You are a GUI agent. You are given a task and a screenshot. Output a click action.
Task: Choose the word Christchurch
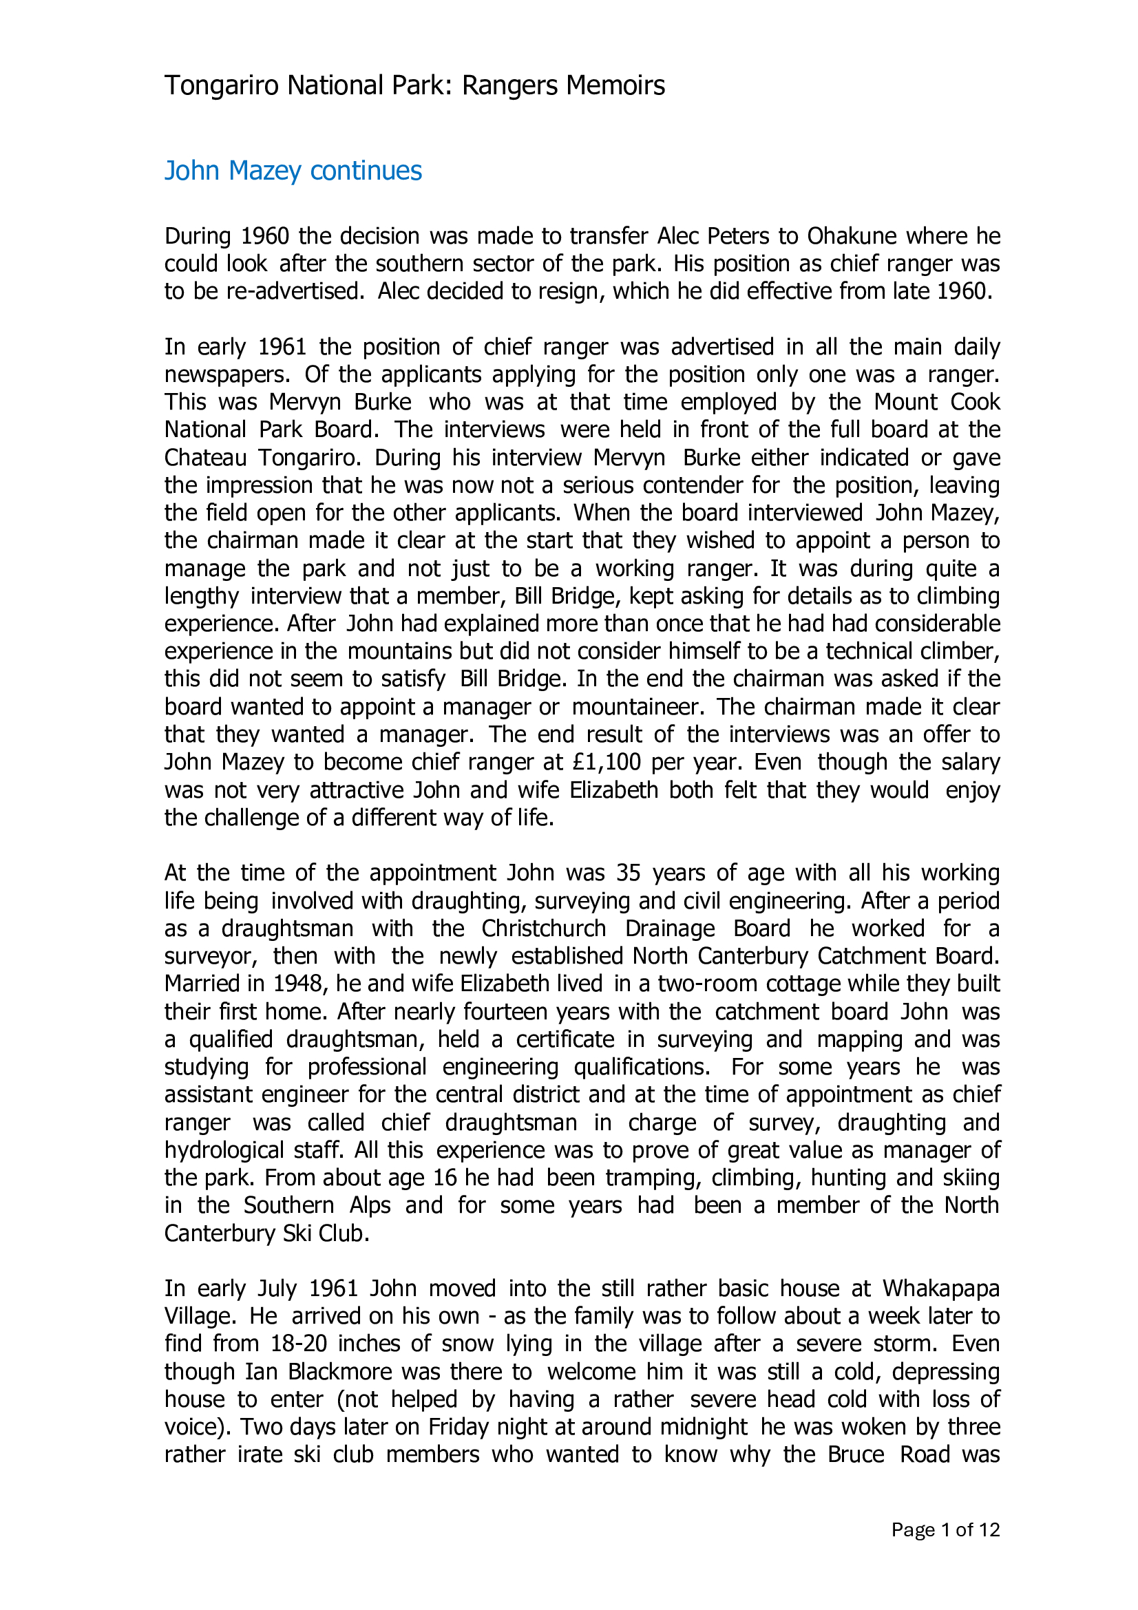pyautogui.click(x=543, y=929)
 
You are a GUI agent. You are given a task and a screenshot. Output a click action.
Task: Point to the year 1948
pyautogui.click(x=299, y=984)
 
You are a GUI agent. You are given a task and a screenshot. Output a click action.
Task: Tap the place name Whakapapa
pyautogui.click(x=941, y=1289)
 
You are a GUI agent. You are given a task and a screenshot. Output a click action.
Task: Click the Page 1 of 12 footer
pyautogui.click(x=945, y=1530)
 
